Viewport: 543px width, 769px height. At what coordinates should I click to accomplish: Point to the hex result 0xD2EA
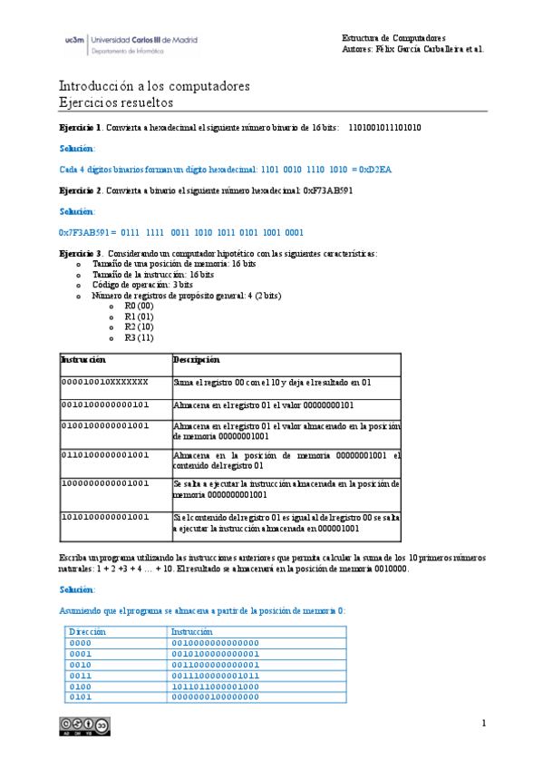point(373,169)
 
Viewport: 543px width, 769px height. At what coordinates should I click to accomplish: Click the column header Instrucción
point(83,360)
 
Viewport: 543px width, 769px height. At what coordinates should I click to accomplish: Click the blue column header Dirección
point(87,630)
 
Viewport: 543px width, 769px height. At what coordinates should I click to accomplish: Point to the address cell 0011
point(81,675)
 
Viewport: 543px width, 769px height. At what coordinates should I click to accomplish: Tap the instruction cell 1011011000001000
point(216,686)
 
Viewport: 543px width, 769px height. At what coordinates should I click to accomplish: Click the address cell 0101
point(81,697)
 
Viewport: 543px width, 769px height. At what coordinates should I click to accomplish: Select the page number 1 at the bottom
point(485,723)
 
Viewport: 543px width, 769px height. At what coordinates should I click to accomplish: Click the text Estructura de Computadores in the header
point(393,38)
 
